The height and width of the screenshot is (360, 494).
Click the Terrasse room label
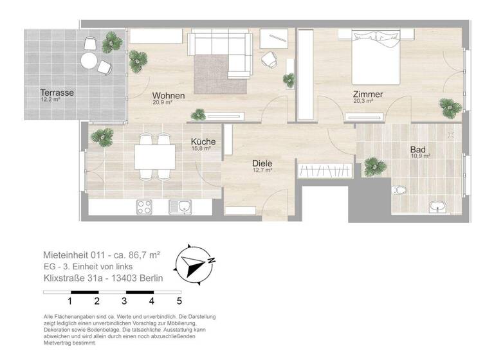click(x=57, y=93)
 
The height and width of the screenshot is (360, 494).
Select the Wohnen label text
click(x=169, y=95)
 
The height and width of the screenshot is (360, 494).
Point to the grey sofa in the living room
click(x=219, y=49)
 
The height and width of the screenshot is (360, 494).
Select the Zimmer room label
click(x=368, y=94)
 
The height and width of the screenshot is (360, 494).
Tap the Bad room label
click(x=418, y=150)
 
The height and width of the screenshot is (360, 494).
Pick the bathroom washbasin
click(x=439, y=206)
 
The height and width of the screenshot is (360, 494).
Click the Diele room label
click(x=262, y=163)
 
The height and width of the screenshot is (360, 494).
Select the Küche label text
click(x=203, y=141)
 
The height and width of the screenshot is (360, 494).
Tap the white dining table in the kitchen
click(x=155, y=156)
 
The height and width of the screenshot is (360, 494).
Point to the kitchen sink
click(x=179, y=206)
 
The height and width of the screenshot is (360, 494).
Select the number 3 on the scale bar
click(x=123, y=300)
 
